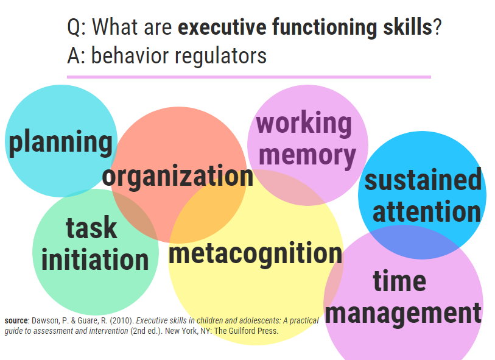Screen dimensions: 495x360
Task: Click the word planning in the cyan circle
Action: tap(60, 143)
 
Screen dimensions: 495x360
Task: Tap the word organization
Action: tap(178, 177)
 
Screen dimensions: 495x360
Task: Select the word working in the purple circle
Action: tap(304, 124)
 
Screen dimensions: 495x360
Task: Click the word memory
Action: tap(307, 155)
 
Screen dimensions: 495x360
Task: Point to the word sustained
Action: tap(423, 179)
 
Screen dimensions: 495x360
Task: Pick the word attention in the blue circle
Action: tap(427, 211)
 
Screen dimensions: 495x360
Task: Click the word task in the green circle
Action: tap(91, 227)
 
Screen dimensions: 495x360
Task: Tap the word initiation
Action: tap(95, 259)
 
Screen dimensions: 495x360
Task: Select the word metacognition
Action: tap(256, 253)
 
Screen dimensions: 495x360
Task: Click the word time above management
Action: tap(399, 280)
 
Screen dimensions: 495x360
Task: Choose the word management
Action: tap(403, 313)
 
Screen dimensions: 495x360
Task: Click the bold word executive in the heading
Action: tap(222, 27)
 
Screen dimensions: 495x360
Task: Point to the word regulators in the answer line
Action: tap(220, 56)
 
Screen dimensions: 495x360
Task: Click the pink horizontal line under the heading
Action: tap(249, 77)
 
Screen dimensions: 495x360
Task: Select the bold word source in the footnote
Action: tap(16, 320)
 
